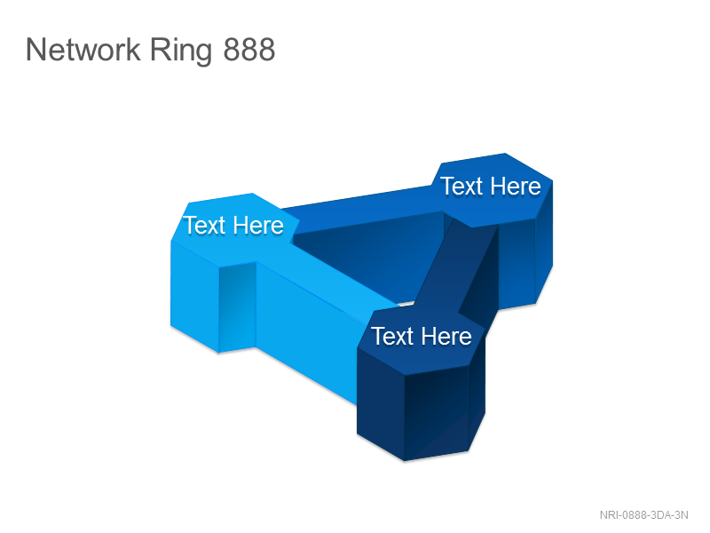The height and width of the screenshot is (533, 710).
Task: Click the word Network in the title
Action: click(x=83, y=50)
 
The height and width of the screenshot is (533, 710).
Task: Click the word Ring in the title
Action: click(x=181, y=51)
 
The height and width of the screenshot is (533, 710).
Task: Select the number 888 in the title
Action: click(x=249, y=50)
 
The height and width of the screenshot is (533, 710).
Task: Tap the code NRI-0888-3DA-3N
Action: click(x=644, y=515)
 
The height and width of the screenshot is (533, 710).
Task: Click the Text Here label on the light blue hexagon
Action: click(x=233, y=226)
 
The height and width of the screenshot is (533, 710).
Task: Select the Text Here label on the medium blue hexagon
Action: click(x=491, y=187)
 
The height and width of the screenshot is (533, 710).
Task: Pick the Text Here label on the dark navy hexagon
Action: click(x=422, y=337)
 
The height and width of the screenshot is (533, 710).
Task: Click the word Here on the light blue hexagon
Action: click(x=258, y=226)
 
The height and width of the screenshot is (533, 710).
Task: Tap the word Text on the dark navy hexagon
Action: click(x=392, y=337)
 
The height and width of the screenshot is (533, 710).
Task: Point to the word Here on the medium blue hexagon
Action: click(x=516, y=187)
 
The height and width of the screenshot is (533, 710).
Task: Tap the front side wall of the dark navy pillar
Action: click(x=436, y=412)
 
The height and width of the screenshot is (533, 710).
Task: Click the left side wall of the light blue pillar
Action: click(x=194, y=296)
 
